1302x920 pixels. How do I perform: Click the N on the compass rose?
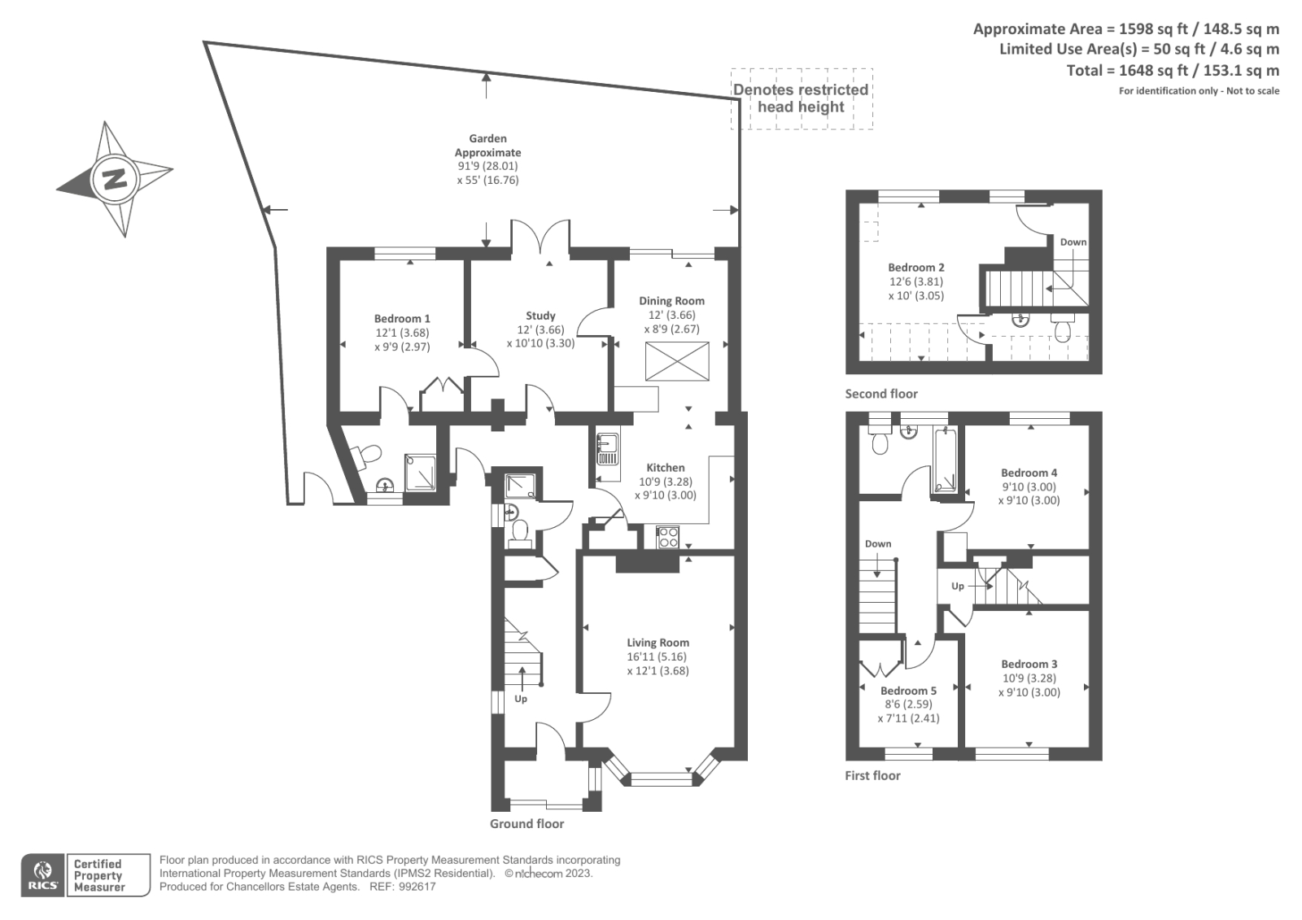point(114,179)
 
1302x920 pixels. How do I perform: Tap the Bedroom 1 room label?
point(402,319)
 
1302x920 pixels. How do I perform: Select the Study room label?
point(540,316)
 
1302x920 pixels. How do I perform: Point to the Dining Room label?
point(671,301)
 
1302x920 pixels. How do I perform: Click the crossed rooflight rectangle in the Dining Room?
point(677,361)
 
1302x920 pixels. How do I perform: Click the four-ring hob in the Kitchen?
point(668,537)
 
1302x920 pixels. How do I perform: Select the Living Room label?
point(658,643)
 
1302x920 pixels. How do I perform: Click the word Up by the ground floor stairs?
point(521,699)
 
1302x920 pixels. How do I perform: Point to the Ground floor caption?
point(526,823)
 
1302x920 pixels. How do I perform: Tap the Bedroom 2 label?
point(916,268)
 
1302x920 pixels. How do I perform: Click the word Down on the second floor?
point(1073,242)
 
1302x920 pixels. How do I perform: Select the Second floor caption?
point(880,394)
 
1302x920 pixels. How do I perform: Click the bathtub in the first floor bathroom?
point(945,459)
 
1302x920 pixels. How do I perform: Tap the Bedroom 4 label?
point(1029,473)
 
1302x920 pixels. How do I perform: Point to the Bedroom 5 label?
point(908,691)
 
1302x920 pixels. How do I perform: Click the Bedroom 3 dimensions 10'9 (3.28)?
point(1029,678)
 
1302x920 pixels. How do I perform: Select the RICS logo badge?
point(43,875)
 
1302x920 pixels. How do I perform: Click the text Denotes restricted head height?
point(801,98)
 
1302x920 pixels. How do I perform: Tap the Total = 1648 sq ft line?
point(1173,71)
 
